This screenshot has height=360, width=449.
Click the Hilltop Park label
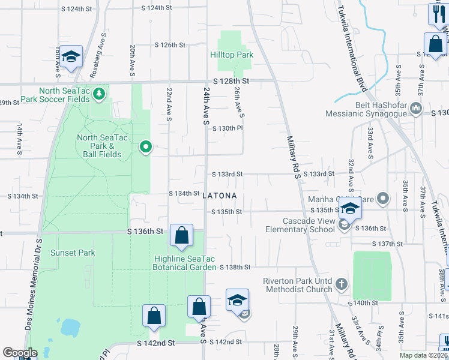(x=232, y=55)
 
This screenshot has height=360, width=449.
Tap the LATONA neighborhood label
(x=220, y=196)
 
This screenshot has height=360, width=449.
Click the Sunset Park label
(x=73, y=253)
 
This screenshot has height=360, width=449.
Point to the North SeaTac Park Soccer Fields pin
(x=100, y=94)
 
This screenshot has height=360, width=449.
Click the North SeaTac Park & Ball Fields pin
(x=145, y=146)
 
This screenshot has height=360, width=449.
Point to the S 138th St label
(x=234, y=266)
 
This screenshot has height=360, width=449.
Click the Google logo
(x=20, y=353)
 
